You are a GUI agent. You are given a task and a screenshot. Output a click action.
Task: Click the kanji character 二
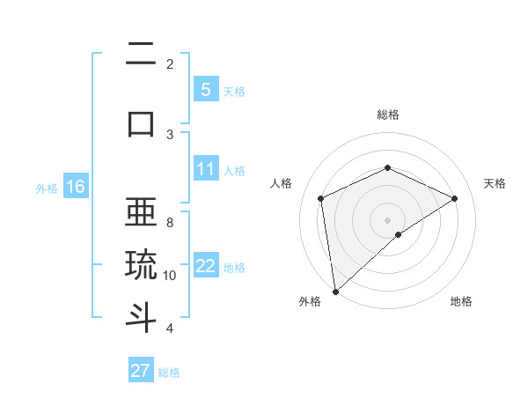(x=141, y=55)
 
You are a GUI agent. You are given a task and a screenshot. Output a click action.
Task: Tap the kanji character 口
(x=141, y=122)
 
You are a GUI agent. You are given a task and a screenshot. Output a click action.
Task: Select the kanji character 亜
(x=141, y=213)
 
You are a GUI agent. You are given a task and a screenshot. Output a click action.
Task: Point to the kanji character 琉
(x=141, y=265)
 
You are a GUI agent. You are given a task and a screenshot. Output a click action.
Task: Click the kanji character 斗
(x=141, y=317)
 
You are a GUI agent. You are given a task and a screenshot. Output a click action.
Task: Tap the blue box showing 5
(x=205, y=90)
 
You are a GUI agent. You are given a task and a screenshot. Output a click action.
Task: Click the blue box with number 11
(x=205, y=169)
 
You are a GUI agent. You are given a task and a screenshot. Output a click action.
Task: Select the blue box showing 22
(x=205, y=266)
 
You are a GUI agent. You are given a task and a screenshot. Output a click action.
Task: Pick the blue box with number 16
(x=75, y=187)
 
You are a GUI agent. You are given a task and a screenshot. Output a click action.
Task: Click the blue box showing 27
(x=141, y=370)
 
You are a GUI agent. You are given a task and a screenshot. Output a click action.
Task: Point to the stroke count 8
(x=170, y=223)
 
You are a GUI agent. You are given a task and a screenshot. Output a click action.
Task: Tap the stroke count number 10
(x=170, y=276)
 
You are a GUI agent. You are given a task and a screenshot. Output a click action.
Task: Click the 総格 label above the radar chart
(x=387, y=115)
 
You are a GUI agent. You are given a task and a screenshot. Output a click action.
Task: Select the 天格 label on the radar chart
(x=495, y=183)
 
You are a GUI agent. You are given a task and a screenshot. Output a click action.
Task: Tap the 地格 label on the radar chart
(x=461, y=301)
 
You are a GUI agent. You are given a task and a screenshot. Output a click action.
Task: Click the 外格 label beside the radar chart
(x=310, y=301)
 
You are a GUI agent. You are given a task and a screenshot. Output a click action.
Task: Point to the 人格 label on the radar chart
(x=281, y=183)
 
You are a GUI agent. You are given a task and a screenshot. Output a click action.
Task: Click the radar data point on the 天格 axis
(x=455, y=198)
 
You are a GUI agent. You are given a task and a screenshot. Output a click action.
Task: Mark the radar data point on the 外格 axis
(x=334, y=291)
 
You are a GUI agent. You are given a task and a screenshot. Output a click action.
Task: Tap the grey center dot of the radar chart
(x=387, y=219)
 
